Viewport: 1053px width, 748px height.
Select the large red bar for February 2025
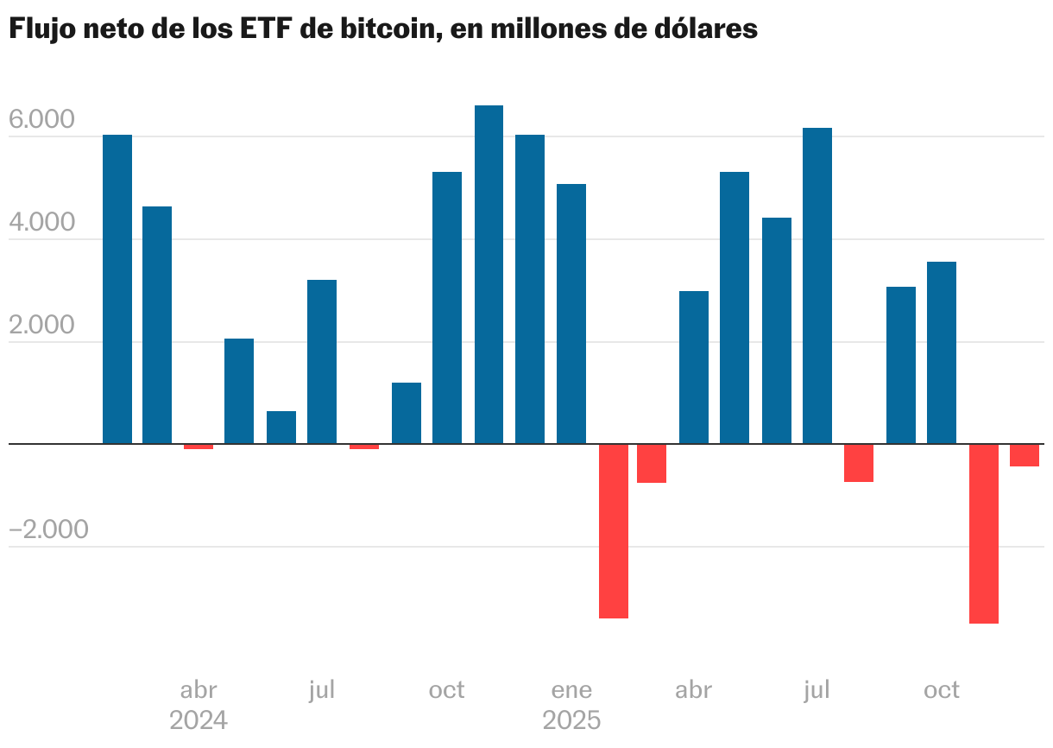(x=613, y=531)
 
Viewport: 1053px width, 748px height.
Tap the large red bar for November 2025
(x=983, y=534)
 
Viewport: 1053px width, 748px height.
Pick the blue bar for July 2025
(x=817, y=286)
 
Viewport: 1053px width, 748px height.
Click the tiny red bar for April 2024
(x=199, y=447)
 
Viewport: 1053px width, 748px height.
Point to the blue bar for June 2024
(x=281, y=428)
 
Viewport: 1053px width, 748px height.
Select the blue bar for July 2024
(x=322, y=362)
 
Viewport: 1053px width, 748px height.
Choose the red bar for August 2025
(x=858, y=463)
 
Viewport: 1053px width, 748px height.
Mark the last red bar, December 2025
(x=1024, y=455)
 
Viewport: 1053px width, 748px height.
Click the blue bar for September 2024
(x=407, y=413)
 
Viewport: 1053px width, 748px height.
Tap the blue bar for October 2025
(x=941, y=352)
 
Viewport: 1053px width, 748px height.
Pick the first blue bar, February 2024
(x=117, y=289)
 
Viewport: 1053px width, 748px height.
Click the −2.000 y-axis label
(x=48, y=529)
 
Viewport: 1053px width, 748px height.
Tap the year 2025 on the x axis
(x=571, y=720)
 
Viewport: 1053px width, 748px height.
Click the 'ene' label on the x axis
(x=571, y=690)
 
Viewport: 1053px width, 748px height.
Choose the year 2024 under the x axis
(x=199, y=720)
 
